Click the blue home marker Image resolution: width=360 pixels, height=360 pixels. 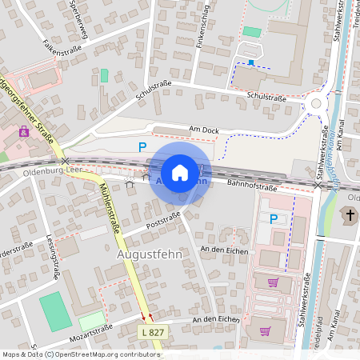(x=180, y=173)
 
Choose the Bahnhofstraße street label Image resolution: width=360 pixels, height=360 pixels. (x=251, y=187)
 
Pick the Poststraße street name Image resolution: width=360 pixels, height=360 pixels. (x=162, y=220)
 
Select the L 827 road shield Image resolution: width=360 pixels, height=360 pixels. (x=153, y=330)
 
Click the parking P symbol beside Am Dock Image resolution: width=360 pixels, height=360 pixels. (x=142, y=146)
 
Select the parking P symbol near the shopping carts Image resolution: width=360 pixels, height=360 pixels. (x=274, y=218)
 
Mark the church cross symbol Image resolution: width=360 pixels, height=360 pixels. (x=350, y=214)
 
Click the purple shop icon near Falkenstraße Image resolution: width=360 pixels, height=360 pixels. (x=24, y=131)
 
